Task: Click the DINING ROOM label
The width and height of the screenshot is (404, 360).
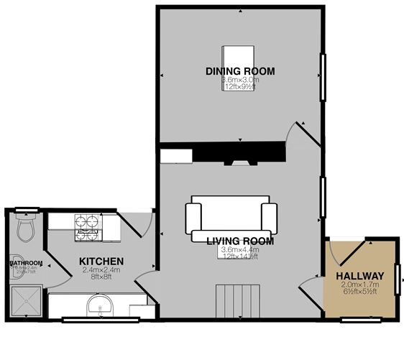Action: pyautogui.click(x=240, y=70)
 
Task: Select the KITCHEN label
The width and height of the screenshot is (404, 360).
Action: pyautogui.click(x=101, y=261)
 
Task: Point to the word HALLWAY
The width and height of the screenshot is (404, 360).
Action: pyautogui.click(x=359, y=276)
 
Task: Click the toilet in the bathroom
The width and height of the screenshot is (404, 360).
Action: pyautogui.click(x=26, y=229)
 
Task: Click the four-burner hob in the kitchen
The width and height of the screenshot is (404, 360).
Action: pyautogui.click(x=88, y=226)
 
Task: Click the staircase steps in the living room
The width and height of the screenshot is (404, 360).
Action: pyautogui.click(x=237, y=300)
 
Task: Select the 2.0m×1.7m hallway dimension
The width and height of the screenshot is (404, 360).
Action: pyautogui.click(x=359, y=285)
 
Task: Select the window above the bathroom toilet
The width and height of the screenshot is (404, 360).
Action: pyautogui.click(x=26, y=210)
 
